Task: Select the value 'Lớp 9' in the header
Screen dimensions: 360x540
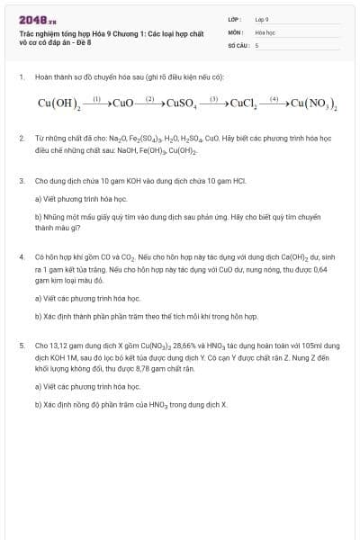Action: click(262, 19)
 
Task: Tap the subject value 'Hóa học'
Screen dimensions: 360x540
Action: click(265, 31)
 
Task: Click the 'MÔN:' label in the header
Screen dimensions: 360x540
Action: click(236, 31)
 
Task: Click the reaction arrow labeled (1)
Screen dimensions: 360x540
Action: click(97, 103)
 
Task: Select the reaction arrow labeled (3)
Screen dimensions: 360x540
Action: click(214, 103)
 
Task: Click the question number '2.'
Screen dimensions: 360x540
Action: click(21, 139)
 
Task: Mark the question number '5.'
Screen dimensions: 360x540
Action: click(21, 345)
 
